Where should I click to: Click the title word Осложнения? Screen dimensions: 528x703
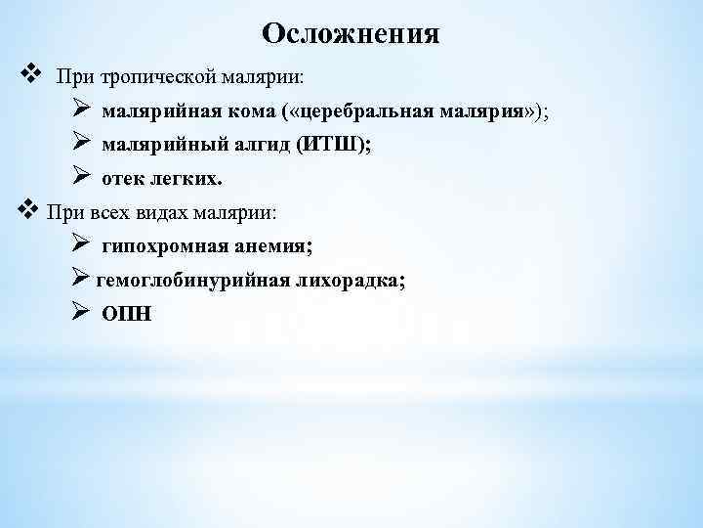pyautogui.click(x=351, y=34)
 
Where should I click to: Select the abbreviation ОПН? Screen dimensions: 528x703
pyautogui.click(x=127, y=315)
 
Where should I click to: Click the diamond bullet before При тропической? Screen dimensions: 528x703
pyautogui.click(x=29, y=72)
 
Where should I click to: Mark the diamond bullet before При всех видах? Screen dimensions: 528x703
pyautogui.click(x=27, y=209)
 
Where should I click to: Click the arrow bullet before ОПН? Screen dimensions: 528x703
pyautogui.click(x=81, y=312)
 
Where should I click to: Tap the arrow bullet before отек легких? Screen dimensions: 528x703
pyautogui.click(x=81, y=177)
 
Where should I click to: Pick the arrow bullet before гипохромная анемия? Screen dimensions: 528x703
pyautogui.click(x=81, y=244)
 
